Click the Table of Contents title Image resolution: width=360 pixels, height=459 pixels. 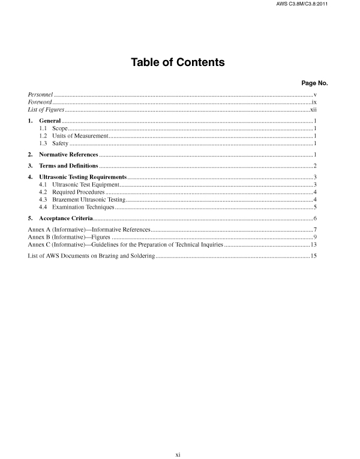tap(178, 62)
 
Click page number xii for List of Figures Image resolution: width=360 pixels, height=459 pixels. tap(313, 111)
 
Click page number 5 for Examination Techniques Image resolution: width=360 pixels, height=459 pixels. tap(314, 207)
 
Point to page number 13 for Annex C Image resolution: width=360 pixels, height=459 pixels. tap(313, 245)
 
